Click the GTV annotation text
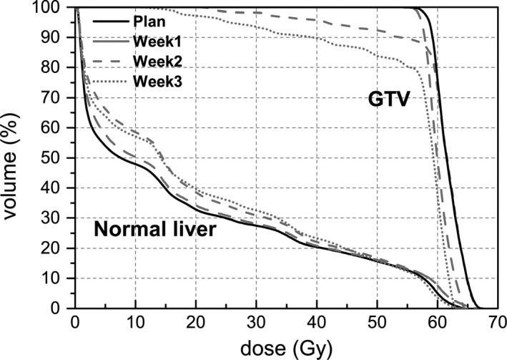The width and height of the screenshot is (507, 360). click(386, 99)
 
